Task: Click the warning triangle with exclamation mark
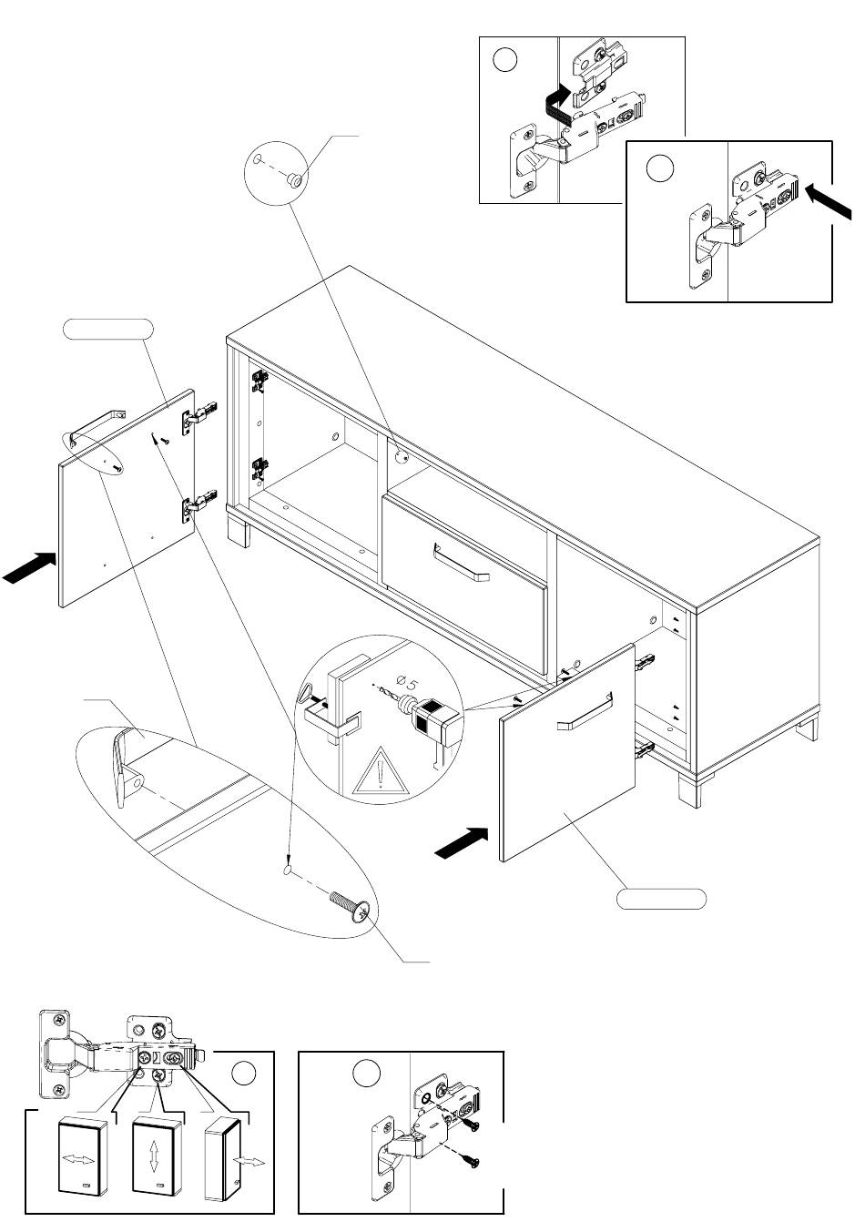click(376, 777)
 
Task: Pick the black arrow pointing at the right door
click(462, 843)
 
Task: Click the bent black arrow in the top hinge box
click(554, 105)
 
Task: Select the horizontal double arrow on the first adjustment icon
click(77, 1160)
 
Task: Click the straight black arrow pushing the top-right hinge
click(828, 199)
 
